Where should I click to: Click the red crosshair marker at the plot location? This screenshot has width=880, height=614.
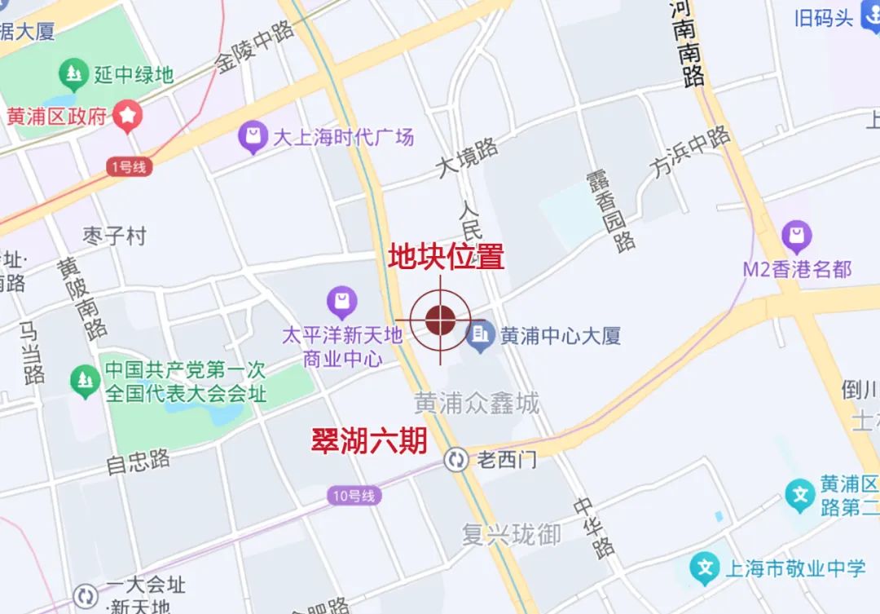click(x=440, y=320)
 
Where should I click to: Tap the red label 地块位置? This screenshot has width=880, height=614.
click(x=446, y=257)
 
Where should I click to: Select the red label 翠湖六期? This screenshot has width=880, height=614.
click(x=369, y=441)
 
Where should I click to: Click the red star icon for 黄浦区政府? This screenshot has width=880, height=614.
click(x=128, y=116)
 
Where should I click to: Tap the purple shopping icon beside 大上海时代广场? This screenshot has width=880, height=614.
click(x=253, y=137)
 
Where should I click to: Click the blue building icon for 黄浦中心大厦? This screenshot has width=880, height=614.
click(x=481, y=335)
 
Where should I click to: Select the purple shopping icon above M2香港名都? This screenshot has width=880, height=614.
click(x=796, y=237)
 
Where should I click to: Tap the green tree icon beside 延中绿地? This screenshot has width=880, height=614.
click(x=74, y=76)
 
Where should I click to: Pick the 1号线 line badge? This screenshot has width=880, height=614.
click(x=129, y=167)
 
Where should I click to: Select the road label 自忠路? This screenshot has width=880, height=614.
click(x=139, y=462)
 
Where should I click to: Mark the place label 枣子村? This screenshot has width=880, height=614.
click(x=114, y=236)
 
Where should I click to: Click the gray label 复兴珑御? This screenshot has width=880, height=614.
click(x=512, y=535)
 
